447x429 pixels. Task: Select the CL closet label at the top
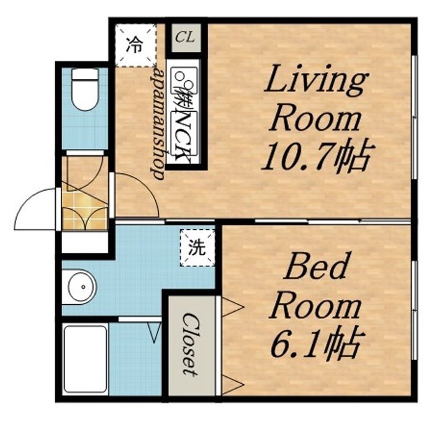point(185,37)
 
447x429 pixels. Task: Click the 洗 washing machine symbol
point(197,248)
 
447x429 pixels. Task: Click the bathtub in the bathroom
point(85,359)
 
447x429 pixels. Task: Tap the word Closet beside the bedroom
point(190,344)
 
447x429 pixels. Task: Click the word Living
point(316,78)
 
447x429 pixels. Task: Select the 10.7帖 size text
point(317,156)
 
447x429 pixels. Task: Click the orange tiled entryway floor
point(84,210)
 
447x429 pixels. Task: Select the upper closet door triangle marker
point(233,307)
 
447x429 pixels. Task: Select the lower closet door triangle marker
point(233,385)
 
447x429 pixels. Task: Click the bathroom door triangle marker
point(155,332)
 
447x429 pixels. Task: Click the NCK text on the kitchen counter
point(183,137)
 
